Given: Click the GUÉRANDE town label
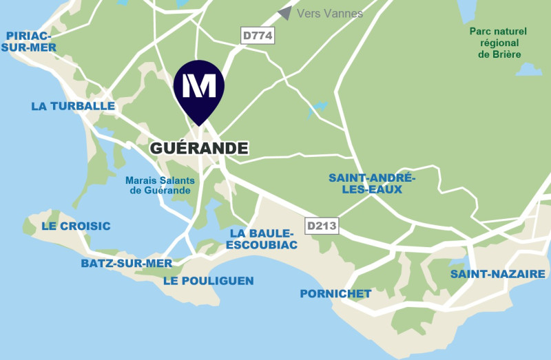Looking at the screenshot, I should click(x=198, y=148).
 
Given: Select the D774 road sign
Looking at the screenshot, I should click(x=258, y=36).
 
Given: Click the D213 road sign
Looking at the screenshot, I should click(x=322, y=225).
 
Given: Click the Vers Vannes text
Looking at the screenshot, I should click(x=330, y=14).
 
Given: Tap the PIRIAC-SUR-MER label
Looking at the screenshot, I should click(x=28, y=41).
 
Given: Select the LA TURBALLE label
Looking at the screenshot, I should click(x=72, y=106).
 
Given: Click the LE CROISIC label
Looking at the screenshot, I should click(x=76, y=226).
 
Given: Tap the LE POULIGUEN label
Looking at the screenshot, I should click(x=208, y=280).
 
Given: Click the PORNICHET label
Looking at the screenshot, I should click(x=335, y=294).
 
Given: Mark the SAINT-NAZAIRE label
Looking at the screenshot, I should click(x=497, y=274).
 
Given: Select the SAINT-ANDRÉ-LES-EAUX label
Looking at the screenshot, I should click(x=372, y=183).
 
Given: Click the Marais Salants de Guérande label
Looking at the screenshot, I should click(x=160, y=185).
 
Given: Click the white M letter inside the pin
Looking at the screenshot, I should click(x=200, y=84).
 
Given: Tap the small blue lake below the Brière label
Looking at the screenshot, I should click(x=528, y=70).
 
